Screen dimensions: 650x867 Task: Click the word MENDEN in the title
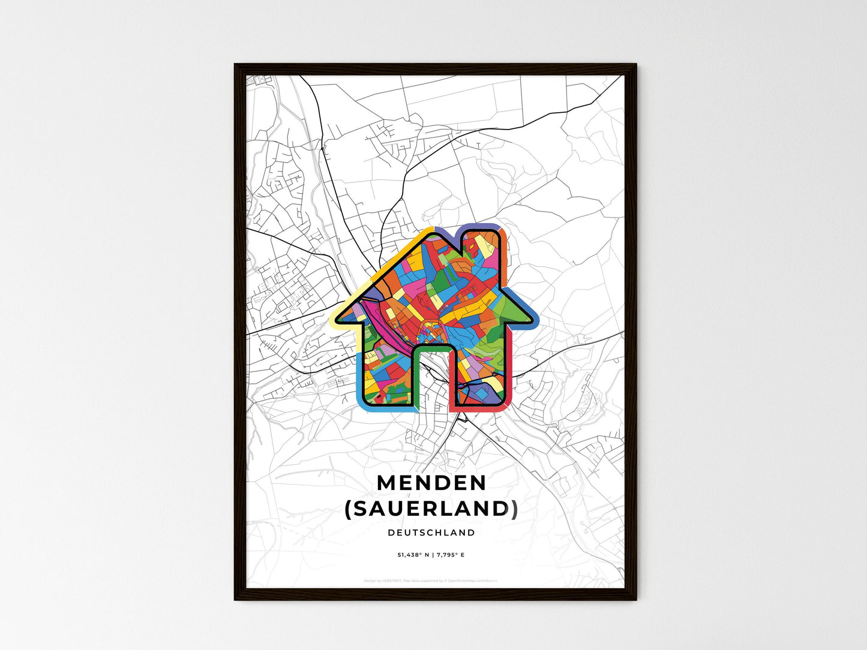pyautogui.click(x=431, y=483)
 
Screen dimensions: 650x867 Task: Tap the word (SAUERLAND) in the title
pyautogui.click(x=431, y=508)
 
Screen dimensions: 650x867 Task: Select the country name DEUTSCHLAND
pyautogui.click(x=431, y=532)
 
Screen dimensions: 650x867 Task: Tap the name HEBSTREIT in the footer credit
pyautogui.click(x=392, y=580)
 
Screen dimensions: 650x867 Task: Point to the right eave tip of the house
pyautogui.click(x=533, y=320)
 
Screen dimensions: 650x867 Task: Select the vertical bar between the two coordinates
pyautogui.click(x=432, y=555)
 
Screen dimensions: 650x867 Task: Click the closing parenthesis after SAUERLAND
pyautogui.click(x=514, y=509)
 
